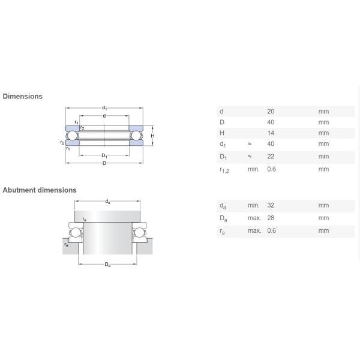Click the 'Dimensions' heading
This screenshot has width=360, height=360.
[x=23, y=96]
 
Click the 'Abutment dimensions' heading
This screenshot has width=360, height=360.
[x=40, y=190]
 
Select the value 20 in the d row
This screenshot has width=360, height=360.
[x=271, y=112]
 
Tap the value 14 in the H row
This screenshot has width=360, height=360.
[x=270, y=133]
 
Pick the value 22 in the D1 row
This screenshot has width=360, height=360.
[x=271, y=157]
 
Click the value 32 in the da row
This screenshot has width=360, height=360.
[x=271, y=205]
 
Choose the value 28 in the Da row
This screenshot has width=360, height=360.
[x=271, y=218]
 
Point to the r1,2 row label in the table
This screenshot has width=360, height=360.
[x=224, y=170]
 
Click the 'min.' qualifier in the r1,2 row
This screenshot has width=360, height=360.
[x=253, y=169]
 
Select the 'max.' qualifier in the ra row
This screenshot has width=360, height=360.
[x=254, y=230]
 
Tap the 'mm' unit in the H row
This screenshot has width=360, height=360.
[x=323, y=133]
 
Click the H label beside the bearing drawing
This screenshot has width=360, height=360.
[x=152, y=136]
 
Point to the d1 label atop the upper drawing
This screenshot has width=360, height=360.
[x=104, y=108]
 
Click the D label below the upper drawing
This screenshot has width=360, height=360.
[x=104, y=164]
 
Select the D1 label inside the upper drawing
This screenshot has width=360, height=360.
[x=104, y=156]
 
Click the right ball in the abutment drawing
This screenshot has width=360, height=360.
[x=140, y=232]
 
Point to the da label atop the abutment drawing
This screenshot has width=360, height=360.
[x=107, y=202]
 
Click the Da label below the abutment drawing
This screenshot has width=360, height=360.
[x=107, y=265]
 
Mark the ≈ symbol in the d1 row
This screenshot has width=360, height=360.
[x=249, y=144]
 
